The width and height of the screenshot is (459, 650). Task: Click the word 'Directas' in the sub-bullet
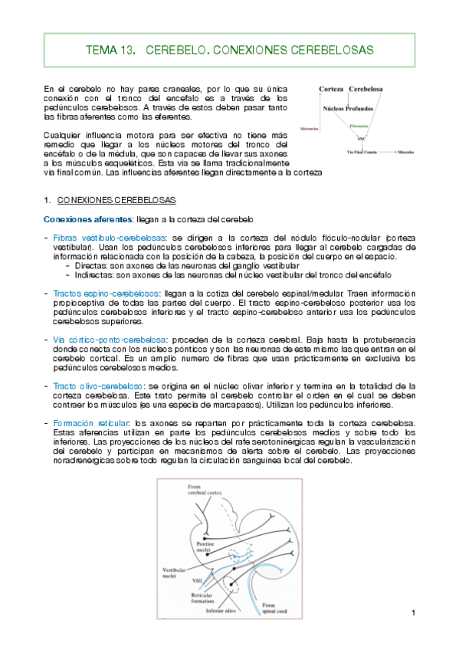point(93,264)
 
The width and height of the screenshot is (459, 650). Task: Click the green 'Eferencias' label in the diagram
point(358,125)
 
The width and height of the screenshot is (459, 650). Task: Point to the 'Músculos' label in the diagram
point(406,153)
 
